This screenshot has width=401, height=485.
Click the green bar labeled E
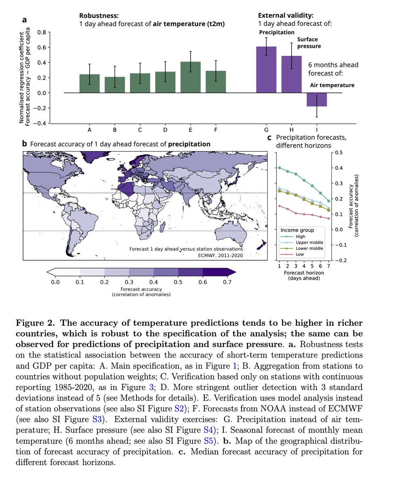pyautogui.click(x=190, y=77)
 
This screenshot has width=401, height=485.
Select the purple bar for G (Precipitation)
pyautogui.click(x=267, y=70)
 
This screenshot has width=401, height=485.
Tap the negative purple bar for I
pyautogui.click(x=317, y=100)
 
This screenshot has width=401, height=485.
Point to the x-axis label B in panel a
pyautogui.click(x=115, y=130)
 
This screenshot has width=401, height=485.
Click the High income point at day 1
pyautogui.click(x=279, y=168)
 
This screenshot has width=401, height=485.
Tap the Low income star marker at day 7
pyautogui.click(x=329, y=219)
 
